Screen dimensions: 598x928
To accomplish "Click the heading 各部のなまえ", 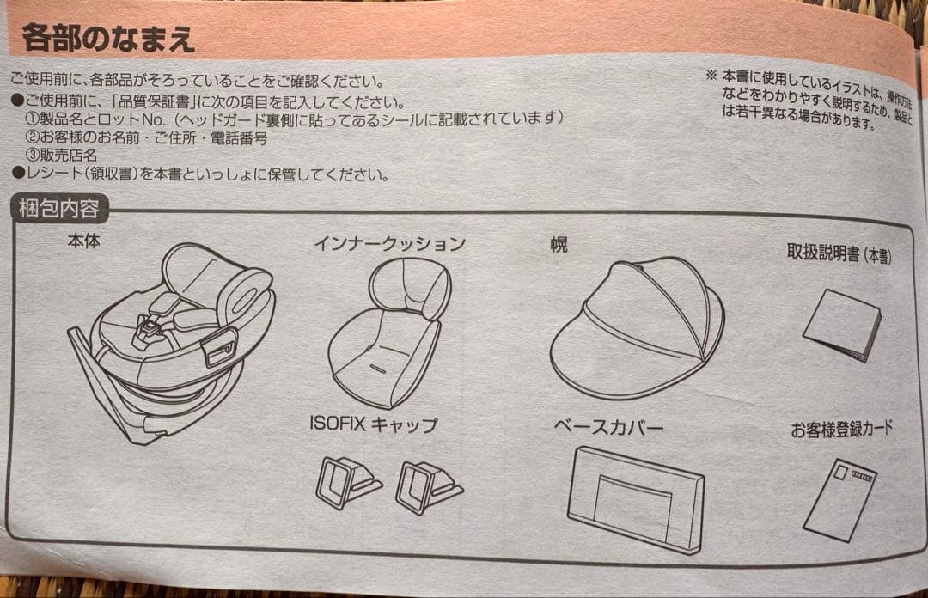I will tap(108, 39).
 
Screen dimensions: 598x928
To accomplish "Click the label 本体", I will tap(83, 241).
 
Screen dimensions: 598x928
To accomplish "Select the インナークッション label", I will tap(389, 243).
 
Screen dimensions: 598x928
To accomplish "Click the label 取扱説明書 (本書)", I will tap(838, 253).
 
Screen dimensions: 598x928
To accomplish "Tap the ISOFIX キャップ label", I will tap(373, 424).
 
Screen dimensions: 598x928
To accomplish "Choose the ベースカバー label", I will tap(608, 428).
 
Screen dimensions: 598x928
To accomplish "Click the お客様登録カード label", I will tap(841, 429).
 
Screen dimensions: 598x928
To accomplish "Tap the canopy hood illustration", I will tap(636, 326).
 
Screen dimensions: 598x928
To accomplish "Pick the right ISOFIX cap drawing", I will tap(427, 486).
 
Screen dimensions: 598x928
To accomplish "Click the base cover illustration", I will tap(636, 499).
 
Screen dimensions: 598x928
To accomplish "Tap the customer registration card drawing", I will tap(840, 498).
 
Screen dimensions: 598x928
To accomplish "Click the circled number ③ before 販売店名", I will tap(31, 155).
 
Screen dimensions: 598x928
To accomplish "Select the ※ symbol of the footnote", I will tap(711, 76).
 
